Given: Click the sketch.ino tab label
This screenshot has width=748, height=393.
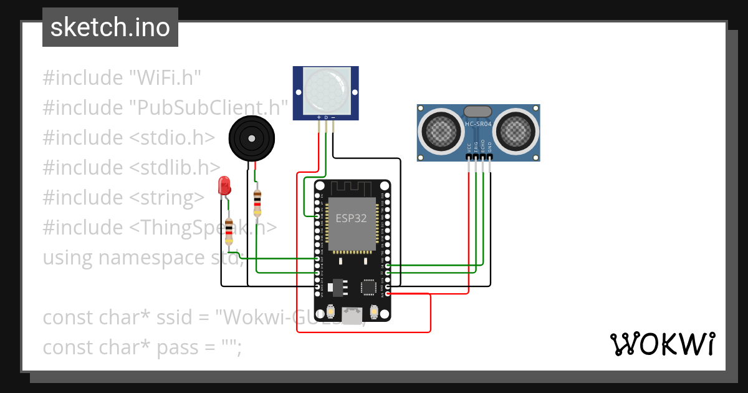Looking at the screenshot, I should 110,27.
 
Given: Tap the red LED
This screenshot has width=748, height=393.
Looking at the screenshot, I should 224,185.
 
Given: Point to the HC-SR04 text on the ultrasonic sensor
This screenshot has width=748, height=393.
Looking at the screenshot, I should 478,124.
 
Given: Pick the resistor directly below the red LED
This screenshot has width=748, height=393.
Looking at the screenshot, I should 229,230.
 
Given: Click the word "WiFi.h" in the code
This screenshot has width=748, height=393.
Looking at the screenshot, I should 165,78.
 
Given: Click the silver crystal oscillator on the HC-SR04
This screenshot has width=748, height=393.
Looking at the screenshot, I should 478,111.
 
